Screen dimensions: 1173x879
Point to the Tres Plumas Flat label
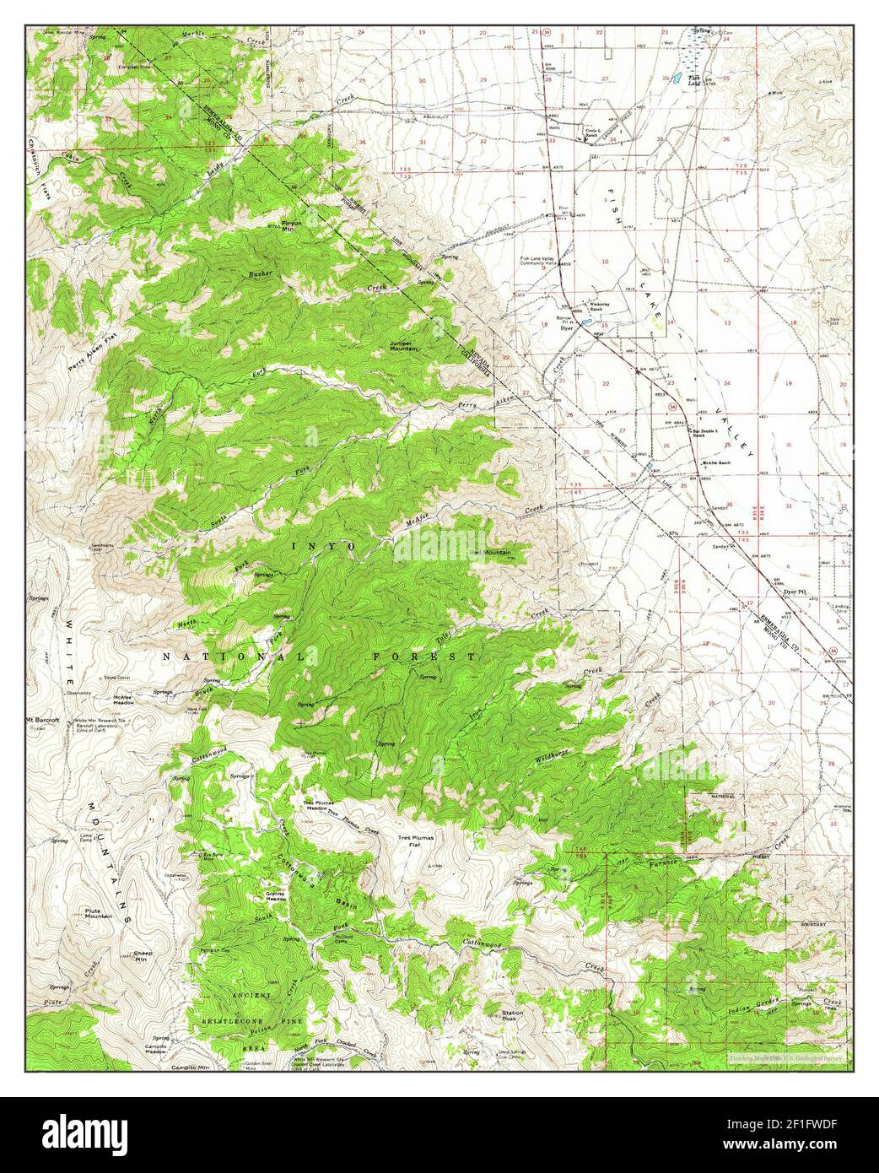[414, 840]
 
